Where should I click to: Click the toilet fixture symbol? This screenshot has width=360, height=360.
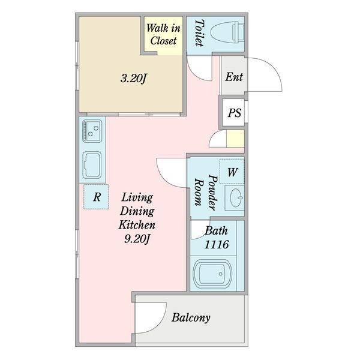227,32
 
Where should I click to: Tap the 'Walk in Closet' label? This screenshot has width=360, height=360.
163,34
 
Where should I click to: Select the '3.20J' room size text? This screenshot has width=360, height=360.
133,79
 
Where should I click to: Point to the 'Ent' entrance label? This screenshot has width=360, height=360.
234,77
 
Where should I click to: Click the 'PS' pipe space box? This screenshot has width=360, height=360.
234,113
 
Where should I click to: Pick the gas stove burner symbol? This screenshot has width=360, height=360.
92,131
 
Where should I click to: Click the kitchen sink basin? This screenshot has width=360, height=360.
92,165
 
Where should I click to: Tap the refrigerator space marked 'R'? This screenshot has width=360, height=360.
96,197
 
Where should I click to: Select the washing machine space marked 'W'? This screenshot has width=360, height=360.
232,171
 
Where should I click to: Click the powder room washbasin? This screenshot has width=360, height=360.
235,198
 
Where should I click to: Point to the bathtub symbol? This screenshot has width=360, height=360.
212,274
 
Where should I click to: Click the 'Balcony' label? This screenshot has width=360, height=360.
191,318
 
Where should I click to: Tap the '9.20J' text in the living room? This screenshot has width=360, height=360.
137,239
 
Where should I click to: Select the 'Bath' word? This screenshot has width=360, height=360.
216,231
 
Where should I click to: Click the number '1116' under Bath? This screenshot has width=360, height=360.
217,244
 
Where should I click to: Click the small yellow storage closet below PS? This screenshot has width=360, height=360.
235,139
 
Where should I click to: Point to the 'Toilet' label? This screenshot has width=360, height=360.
199,32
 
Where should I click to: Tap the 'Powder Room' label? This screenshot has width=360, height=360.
206,193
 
